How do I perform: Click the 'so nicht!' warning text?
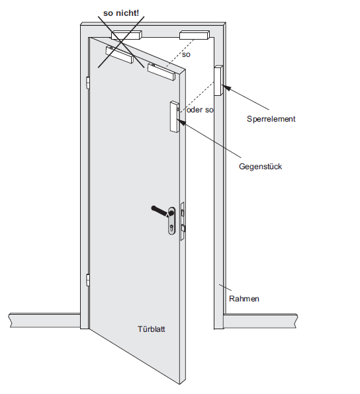tap(120, 13)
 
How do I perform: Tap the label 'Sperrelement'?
tap(271, 119)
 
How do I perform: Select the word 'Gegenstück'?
tap(260, 167)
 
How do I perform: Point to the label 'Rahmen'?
tap(244, 299)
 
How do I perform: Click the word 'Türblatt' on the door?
tap(152, 329)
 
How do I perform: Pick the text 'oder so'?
tap(201, 110)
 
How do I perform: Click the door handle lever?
tap(161, 211)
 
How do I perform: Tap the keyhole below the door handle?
tap(172, 228)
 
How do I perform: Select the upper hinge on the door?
tap(87, 83)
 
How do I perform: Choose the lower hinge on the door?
tap(87, 280)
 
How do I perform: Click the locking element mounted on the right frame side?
tap(218, 81)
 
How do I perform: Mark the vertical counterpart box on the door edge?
tap(175, 116)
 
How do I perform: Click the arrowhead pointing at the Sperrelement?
tap(226, 88)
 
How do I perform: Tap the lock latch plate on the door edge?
tap(183, 221)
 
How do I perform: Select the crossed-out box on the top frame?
tap(126, 35)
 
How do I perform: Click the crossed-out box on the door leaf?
tap(119, 55)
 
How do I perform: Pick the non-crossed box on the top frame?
tap(194, 35)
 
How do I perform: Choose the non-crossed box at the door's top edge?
tap(161, 72)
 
